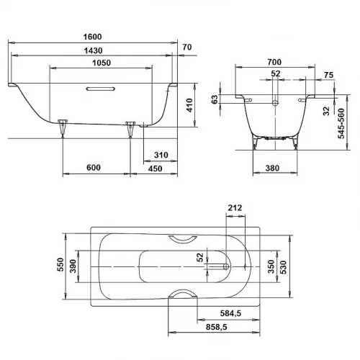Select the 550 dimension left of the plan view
61,265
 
